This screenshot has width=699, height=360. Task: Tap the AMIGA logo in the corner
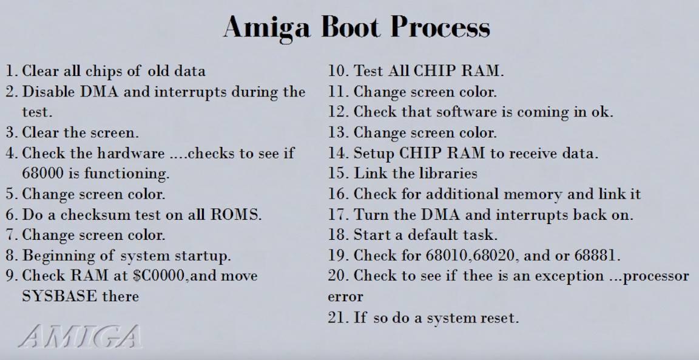point(80,336)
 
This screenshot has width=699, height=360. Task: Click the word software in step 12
point(466,112)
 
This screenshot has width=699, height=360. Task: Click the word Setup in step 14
point(374,154)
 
